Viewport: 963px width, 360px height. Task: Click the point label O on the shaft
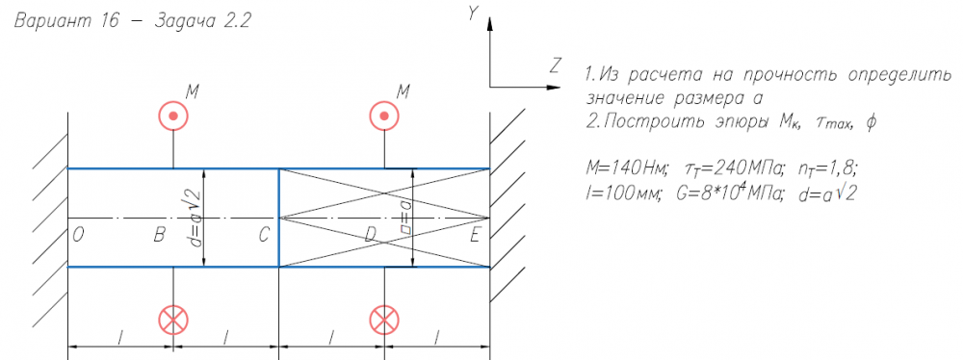click(x=78, y=236)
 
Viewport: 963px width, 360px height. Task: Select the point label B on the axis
click(x=159, y=236)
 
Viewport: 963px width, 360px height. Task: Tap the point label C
click(x=264, y=236)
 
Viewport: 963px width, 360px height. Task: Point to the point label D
click(x=370, y=236)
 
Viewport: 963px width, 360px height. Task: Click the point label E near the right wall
click(x=476, y=236)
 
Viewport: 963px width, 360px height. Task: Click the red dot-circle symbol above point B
click(x=173, y=116)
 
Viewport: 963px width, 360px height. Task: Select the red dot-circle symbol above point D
click(x=384, y=116)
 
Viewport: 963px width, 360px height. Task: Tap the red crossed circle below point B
click(x=173, y=320)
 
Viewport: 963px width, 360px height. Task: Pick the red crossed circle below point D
click(x=384, y=320)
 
